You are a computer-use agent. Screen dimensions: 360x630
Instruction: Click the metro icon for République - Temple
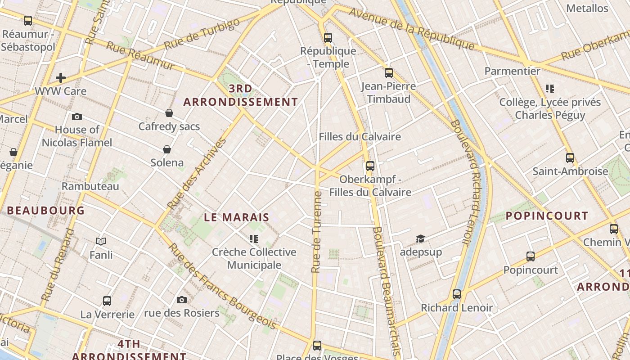pos(328,38)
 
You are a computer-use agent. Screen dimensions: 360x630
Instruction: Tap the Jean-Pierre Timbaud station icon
pos(389,73)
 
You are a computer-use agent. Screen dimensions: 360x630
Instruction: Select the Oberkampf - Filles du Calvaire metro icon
pos(370,166)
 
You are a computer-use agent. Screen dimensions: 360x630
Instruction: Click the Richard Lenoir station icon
pos(457,295)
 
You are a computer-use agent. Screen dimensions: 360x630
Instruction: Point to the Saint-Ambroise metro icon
pos(570,158)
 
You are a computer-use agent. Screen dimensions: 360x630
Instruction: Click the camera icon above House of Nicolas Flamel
pos(77,117)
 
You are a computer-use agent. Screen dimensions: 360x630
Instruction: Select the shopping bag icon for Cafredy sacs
pos(169,113)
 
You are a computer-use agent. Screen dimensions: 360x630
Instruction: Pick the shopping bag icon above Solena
pos(167,149)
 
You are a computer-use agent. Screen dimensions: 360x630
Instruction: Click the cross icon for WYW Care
pos(61,78)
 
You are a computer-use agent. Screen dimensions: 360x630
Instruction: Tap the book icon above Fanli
pos(101,242)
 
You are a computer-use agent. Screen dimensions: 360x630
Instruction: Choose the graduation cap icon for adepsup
pos(420,238)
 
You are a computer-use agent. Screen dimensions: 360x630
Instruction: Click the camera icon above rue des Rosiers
pos(182,300)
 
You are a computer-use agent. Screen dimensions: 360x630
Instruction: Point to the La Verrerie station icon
pos(107,301)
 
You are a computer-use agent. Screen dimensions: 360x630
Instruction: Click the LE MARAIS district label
pos(237,217)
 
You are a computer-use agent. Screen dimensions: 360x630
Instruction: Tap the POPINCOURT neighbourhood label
pos(547,216)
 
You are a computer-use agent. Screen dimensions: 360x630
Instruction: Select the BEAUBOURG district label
pos(46,210)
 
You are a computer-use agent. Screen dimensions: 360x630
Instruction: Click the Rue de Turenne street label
pos(316,232)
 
